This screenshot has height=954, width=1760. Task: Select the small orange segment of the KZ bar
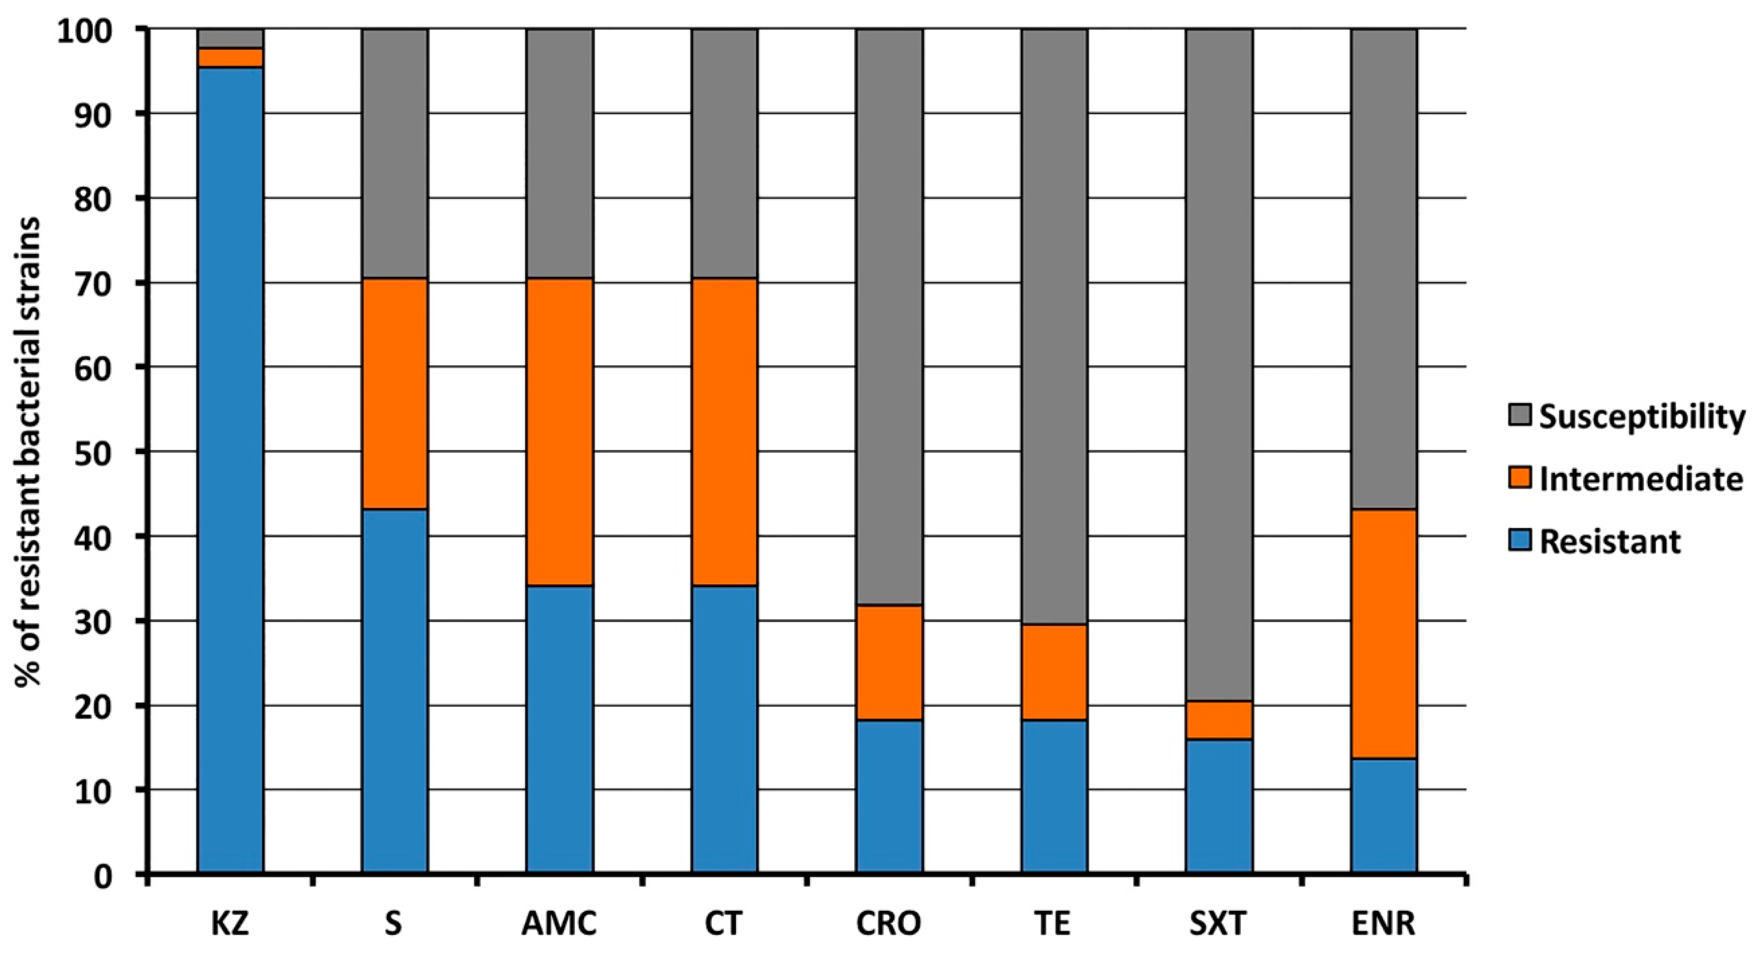(x=230, y=57)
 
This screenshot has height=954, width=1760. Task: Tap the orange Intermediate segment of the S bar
(x=395, y=394)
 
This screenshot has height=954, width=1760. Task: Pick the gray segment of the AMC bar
(x=560, y=153)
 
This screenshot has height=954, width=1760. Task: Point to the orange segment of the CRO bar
(x=889, y=662)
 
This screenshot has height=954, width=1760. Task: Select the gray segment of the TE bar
(x=1054, y=327)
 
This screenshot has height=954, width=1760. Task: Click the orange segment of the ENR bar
(x=1384, y=634)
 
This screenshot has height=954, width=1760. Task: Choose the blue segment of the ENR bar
(x=1384, y=816)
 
